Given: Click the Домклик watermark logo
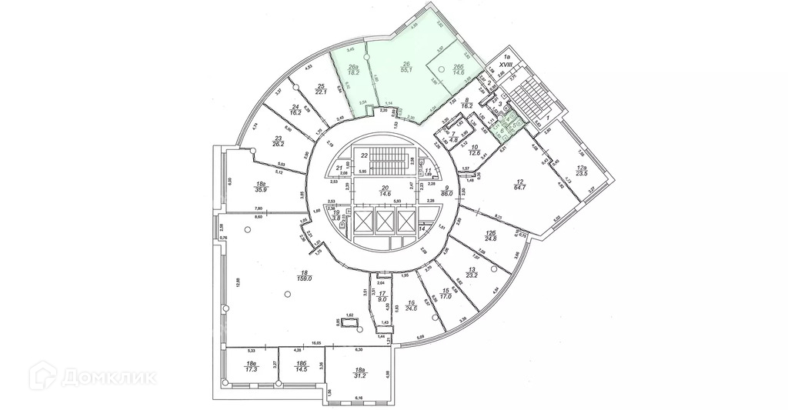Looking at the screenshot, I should [92, 378].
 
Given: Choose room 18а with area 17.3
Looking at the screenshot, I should [250, 366].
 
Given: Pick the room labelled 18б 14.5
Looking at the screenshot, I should [302, 366].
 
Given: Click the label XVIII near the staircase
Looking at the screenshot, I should [506, 67].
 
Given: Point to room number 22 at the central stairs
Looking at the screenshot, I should [365, 155].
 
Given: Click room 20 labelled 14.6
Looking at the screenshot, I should [384, 192].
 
